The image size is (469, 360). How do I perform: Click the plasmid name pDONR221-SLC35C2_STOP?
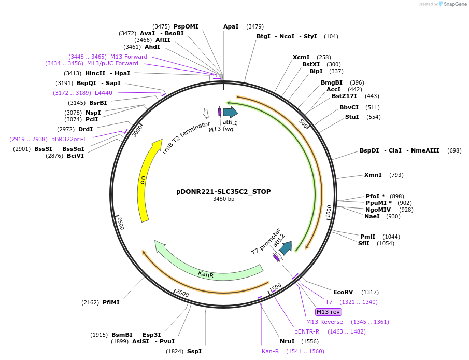click(223, 191)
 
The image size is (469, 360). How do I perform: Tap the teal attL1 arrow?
click(230, 112)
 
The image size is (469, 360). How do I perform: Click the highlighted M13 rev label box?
click(329, 312)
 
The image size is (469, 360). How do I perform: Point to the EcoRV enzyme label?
click(343, 292)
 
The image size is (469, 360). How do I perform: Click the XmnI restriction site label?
click(373, 175)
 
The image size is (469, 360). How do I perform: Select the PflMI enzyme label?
click(111, 302)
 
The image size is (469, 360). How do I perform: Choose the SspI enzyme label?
click(194, 351)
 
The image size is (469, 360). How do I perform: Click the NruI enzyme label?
click(287, 341)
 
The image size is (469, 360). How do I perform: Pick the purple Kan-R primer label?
click(271, 351)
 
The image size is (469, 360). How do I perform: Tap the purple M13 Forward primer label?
click(129, 57)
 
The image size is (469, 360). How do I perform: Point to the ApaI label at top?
click(231, 26)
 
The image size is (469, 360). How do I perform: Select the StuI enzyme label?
click(352, 117)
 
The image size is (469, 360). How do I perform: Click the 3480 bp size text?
click(223, 199)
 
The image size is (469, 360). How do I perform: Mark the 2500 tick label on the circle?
click(120, 224)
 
